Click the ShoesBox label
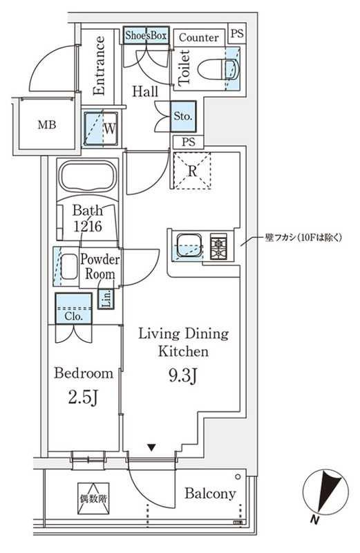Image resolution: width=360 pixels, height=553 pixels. [x=146, y=35]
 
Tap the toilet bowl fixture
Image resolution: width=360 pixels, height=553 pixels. [x=218, y=69]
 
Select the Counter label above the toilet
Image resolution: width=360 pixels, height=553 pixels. [x=198, y=37]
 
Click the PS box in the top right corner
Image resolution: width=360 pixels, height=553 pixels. [x=237, y=33]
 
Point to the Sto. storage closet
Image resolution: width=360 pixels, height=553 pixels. [x=183, y=116]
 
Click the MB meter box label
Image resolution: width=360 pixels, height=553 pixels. [x=47, y=124]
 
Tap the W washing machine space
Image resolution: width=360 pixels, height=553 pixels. [x=101, y=129]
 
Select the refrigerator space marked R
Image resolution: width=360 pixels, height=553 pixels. [x=192, y=171]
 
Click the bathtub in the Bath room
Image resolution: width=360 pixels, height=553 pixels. [x=88, y=176]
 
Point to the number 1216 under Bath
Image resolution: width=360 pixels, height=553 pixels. [x=88, y=226]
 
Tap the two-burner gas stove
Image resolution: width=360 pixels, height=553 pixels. [x=218, y=246]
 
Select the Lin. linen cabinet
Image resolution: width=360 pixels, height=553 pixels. [x=106, y=299]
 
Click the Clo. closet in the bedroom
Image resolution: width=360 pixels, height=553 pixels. [x=74, y=308]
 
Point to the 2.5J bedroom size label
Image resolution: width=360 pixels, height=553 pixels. [x=83, y=398]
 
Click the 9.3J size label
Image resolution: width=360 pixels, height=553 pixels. [x=182, y=376]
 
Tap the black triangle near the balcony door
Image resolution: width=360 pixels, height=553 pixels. [x=151, y=448]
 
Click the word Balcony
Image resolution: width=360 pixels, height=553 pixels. [x=210, y=494]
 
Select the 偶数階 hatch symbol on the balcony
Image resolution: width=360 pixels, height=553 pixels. [x=93, y=498]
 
